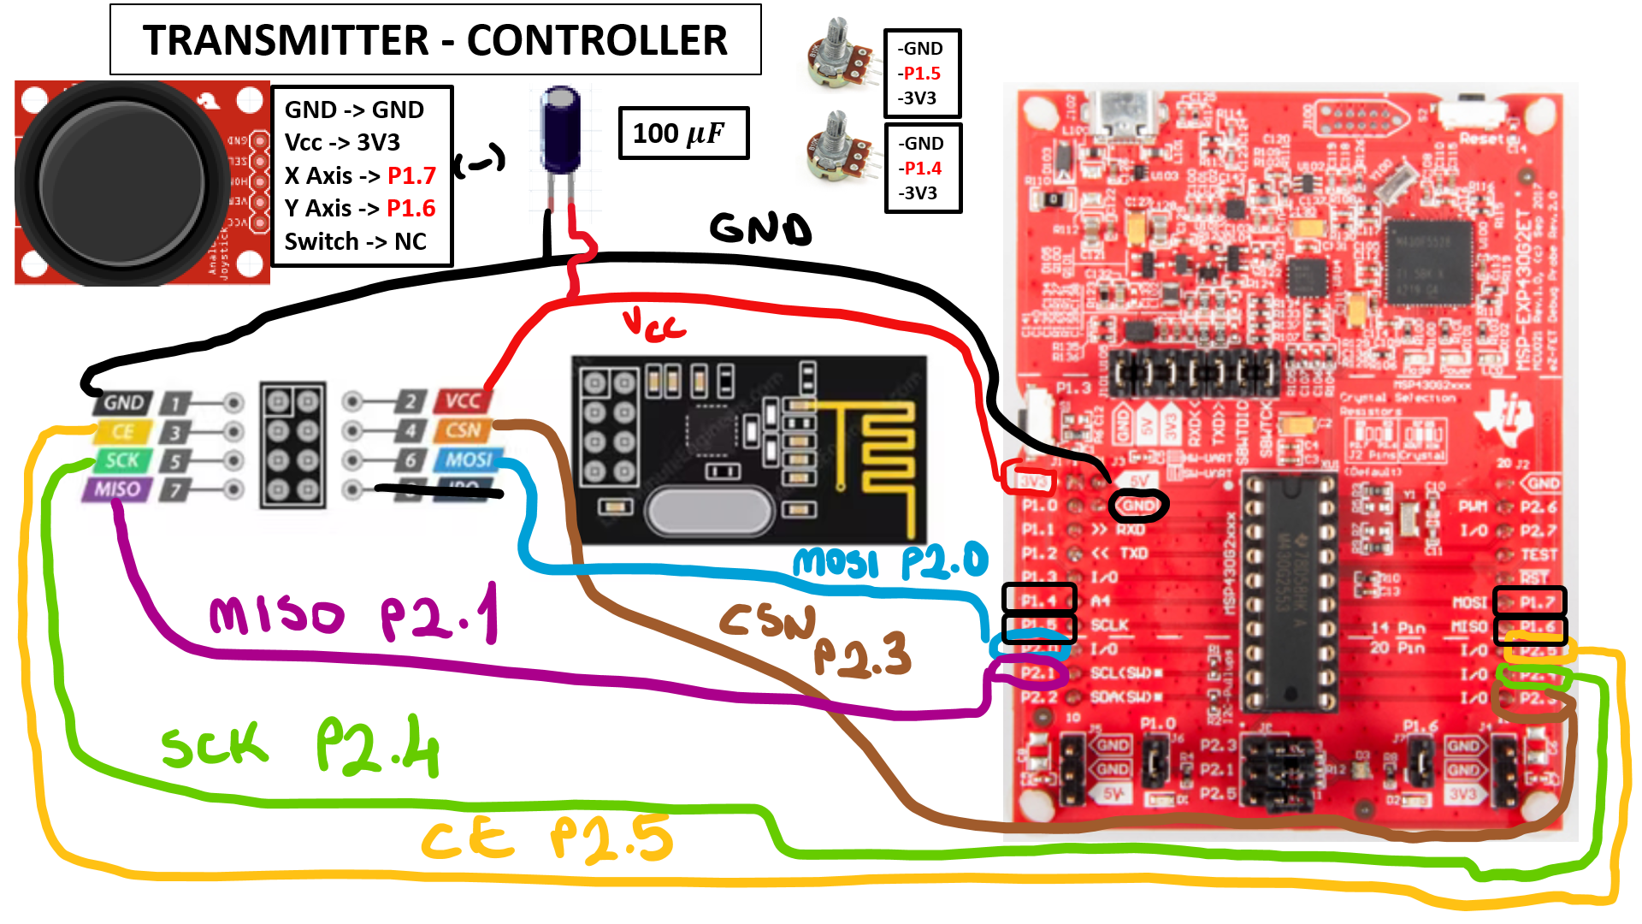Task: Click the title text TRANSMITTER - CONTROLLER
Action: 434,40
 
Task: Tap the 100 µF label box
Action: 682,133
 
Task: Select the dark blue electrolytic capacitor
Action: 561,131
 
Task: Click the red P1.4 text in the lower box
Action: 922,169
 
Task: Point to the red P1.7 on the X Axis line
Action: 411,175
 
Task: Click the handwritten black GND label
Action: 759,228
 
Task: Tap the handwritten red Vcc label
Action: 653,324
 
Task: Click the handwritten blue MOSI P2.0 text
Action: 889,562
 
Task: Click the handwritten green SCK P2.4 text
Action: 299,747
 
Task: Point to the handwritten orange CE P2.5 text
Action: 547,839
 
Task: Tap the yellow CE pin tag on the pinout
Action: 122,432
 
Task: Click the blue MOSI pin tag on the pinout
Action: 468,459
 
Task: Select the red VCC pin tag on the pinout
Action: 463,400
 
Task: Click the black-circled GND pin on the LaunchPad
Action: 1137,506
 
